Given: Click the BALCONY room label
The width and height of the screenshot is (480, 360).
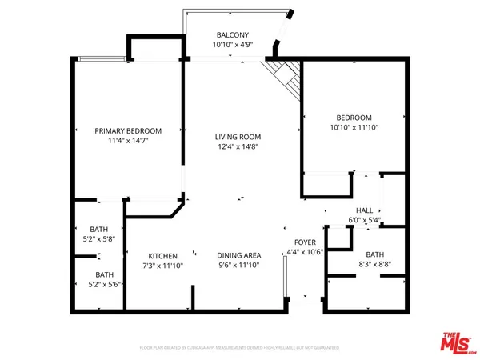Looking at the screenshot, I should [232, 34].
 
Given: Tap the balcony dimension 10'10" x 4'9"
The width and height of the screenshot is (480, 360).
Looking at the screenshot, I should [232, 46].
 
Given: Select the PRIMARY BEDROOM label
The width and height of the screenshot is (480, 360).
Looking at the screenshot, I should [128, 130].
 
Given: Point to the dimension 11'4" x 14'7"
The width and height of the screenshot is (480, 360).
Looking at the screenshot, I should [128, 142].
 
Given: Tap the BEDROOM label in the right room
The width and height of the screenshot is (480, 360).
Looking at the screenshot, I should [352, 115].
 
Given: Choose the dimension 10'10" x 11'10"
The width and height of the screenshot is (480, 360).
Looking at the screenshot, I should [352, 126].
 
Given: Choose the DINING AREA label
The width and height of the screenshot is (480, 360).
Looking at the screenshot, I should [239, 255].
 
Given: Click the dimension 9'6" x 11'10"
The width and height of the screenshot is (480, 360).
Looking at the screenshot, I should [239, 266].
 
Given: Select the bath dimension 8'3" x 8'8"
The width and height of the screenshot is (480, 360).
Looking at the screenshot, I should [374, 264].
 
